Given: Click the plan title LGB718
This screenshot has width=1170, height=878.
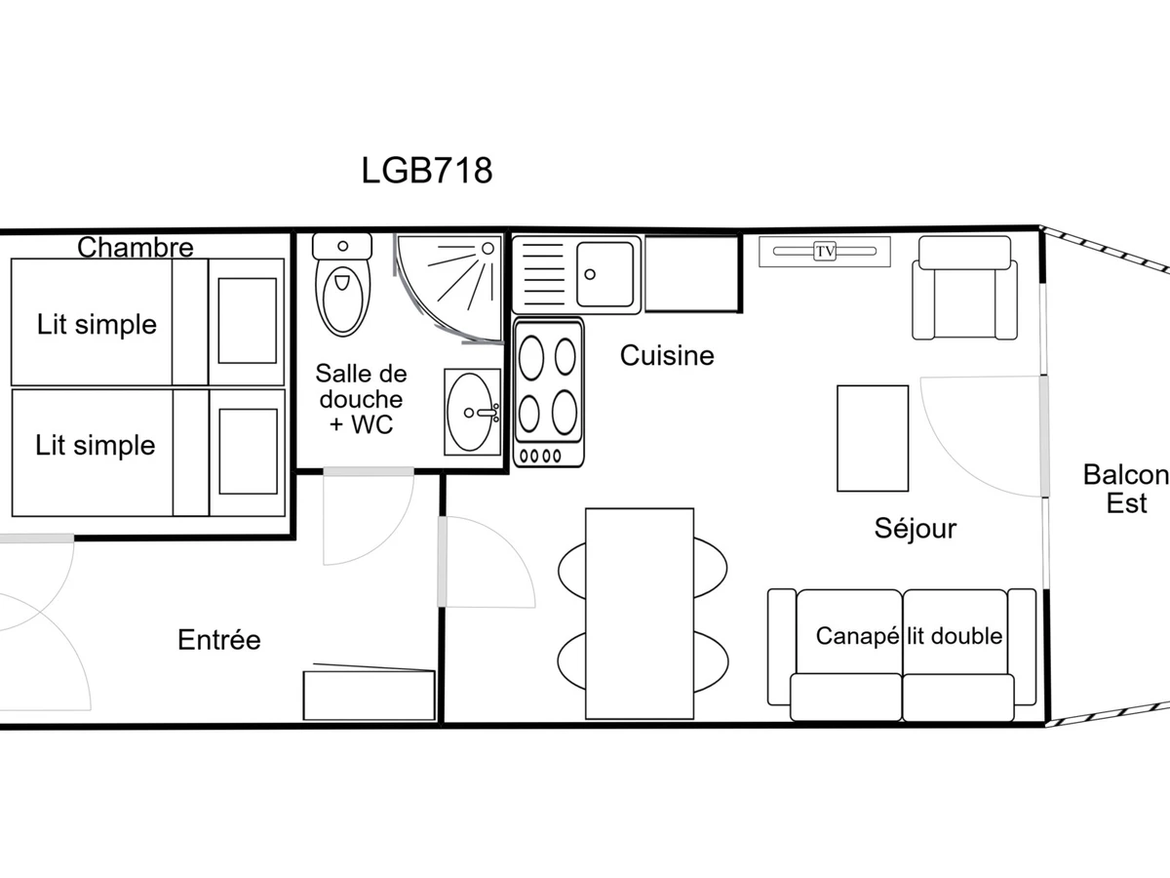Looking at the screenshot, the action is pos(426,171).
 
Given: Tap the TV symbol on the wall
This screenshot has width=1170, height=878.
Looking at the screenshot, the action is pos(825,251).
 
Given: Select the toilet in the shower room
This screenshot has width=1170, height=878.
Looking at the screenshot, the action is pos(343,285).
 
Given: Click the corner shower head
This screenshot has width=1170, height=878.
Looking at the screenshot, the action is pos(487,249).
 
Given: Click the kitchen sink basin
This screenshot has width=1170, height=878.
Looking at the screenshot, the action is pos(605,274).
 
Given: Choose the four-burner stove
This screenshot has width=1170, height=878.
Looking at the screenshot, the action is pos(549,392).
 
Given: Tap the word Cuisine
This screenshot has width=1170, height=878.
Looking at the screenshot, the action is pos(667,355).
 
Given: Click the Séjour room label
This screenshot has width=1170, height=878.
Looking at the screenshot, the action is pos(916,529).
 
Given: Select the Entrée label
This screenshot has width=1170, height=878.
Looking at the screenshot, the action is pos(219,640).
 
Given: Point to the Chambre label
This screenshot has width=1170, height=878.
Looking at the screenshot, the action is pos(136,248).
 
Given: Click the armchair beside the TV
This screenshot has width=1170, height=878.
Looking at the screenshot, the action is pos(965,288).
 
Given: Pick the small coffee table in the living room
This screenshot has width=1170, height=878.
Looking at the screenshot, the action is pos(873,438).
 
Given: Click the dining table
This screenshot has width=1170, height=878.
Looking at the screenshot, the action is pos(640,614).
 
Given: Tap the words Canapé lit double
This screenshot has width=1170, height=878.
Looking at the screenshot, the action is pos(909,636).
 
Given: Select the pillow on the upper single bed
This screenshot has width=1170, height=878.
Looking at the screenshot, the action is pos(248,321).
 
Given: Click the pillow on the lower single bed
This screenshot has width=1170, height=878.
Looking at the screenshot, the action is pos(249,452).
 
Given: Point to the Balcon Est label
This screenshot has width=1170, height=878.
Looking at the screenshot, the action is pos(1126,490).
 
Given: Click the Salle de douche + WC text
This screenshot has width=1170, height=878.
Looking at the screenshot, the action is pos(361,399).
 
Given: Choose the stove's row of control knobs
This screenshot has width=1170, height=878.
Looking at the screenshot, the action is pos(540,456).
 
